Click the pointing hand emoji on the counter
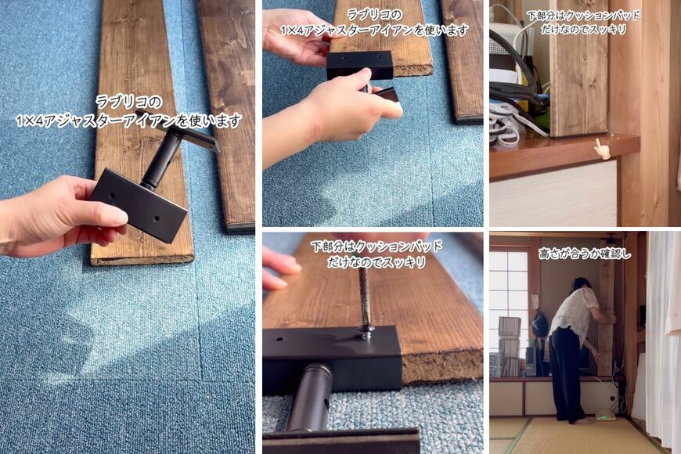[x=600, y=147]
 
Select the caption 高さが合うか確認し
[x=584, y=254]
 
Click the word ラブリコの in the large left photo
[x=128, y=102]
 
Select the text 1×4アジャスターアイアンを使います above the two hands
[x=374, y=30]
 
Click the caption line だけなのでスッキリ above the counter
[x=584, y=30]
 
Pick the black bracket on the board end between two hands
[x=359, y=65]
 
